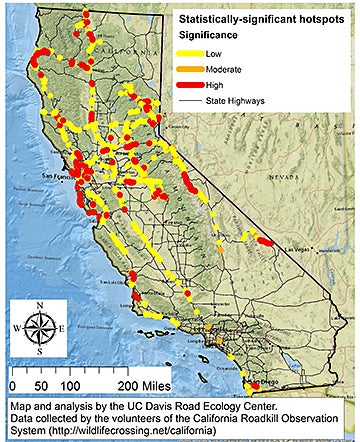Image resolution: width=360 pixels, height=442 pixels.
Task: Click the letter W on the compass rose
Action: [x=15, y=327]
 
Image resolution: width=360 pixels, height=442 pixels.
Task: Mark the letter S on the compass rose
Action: [x=39, y=351]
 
